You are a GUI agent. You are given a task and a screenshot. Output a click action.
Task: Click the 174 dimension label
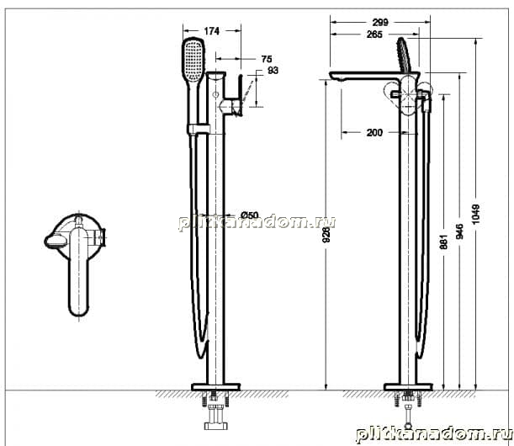[x=211, y=31]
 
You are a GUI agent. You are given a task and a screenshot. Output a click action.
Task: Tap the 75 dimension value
[x=267, y=59]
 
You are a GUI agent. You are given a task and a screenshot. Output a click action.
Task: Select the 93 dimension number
[x=273, y=70]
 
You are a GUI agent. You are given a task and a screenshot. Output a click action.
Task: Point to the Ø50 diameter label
[x=250, y=215]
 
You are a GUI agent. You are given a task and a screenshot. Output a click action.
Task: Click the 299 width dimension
[x=380, y=22]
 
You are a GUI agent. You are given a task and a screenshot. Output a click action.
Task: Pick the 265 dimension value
[x=374, y=35]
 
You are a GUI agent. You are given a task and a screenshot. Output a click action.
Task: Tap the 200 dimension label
[x=374, y=132]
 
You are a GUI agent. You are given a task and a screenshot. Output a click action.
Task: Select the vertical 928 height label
[x=326, y=235]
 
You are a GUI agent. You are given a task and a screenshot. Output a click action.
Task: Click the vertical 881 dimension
[x=443, y=242]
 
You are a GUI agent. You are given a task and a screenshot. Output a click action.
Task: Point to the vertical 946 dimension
[x=460, y=231]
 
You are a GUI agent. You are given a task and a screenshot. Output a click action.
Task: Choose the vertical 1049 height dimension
[x=475, y=215]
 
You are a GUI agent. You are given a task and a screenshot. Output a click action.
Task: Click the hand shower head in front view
[x=193, y=60]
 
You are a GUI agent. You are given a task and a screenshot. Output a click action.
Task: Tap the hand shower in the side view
[x=404, y=54]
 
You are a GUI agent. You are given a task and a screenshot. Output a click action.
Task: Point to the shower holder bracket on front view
[x=199, y=130]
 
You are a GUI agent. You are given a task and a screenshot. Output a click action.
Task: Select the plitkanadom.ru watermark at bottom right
[x=434, y=434]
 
